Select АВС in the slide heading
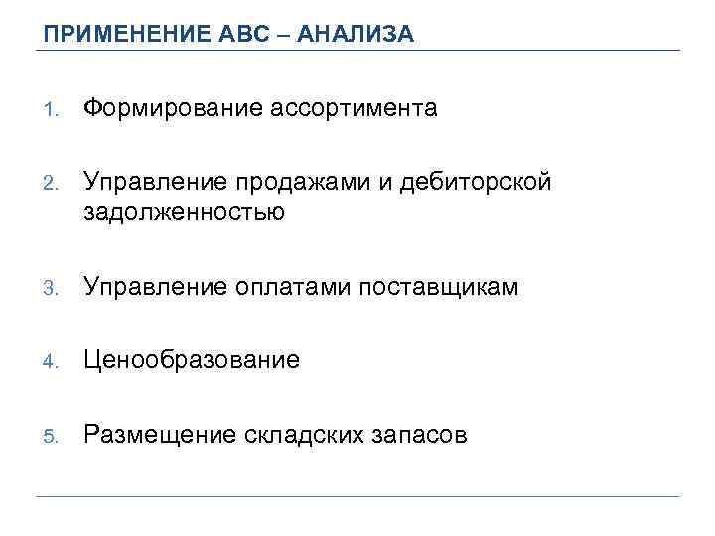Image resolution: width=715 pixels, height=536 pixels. pos(241,35)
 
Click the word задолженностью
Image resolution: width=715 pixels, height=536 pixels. pos(184,210)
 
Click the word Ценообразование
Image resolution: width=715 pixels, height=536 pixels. pos(192,360)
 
